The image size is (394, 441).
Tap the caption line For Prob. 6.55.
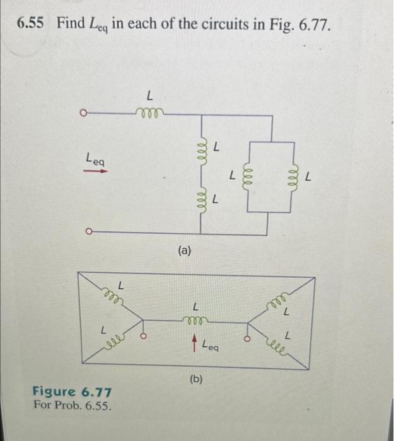73,406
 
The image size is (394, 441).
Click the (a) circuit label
184,251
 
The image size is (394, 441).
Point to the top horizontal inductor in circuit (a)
149,114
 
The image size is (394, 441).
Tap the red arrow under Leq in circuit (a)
95,171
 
